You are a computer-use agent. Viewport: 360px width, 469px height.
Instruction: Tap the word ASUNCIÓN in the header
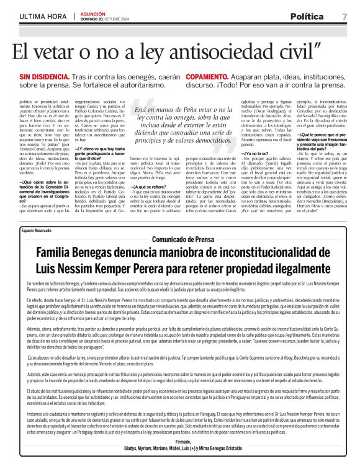coord(91,12)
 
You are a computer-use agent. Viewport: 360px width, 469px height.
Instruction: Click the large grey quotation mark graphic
coord(144,114)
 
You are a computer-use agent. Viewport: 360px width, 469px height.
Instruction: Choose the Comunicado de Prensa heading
coord(179,257)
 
